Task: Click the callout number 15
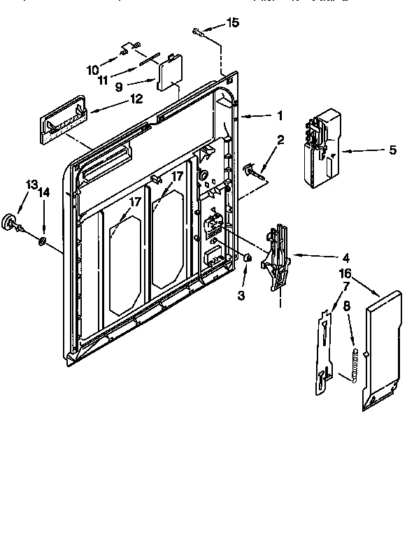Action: click(233, 23)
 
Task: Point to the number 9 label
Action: click(119, 87)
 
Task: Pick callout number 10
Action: click(92, 69)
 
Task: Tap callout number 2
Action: click(280, 140)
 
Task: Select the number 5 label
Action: click(392, 150)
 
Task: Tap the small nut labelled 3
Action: click(248, 258)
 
